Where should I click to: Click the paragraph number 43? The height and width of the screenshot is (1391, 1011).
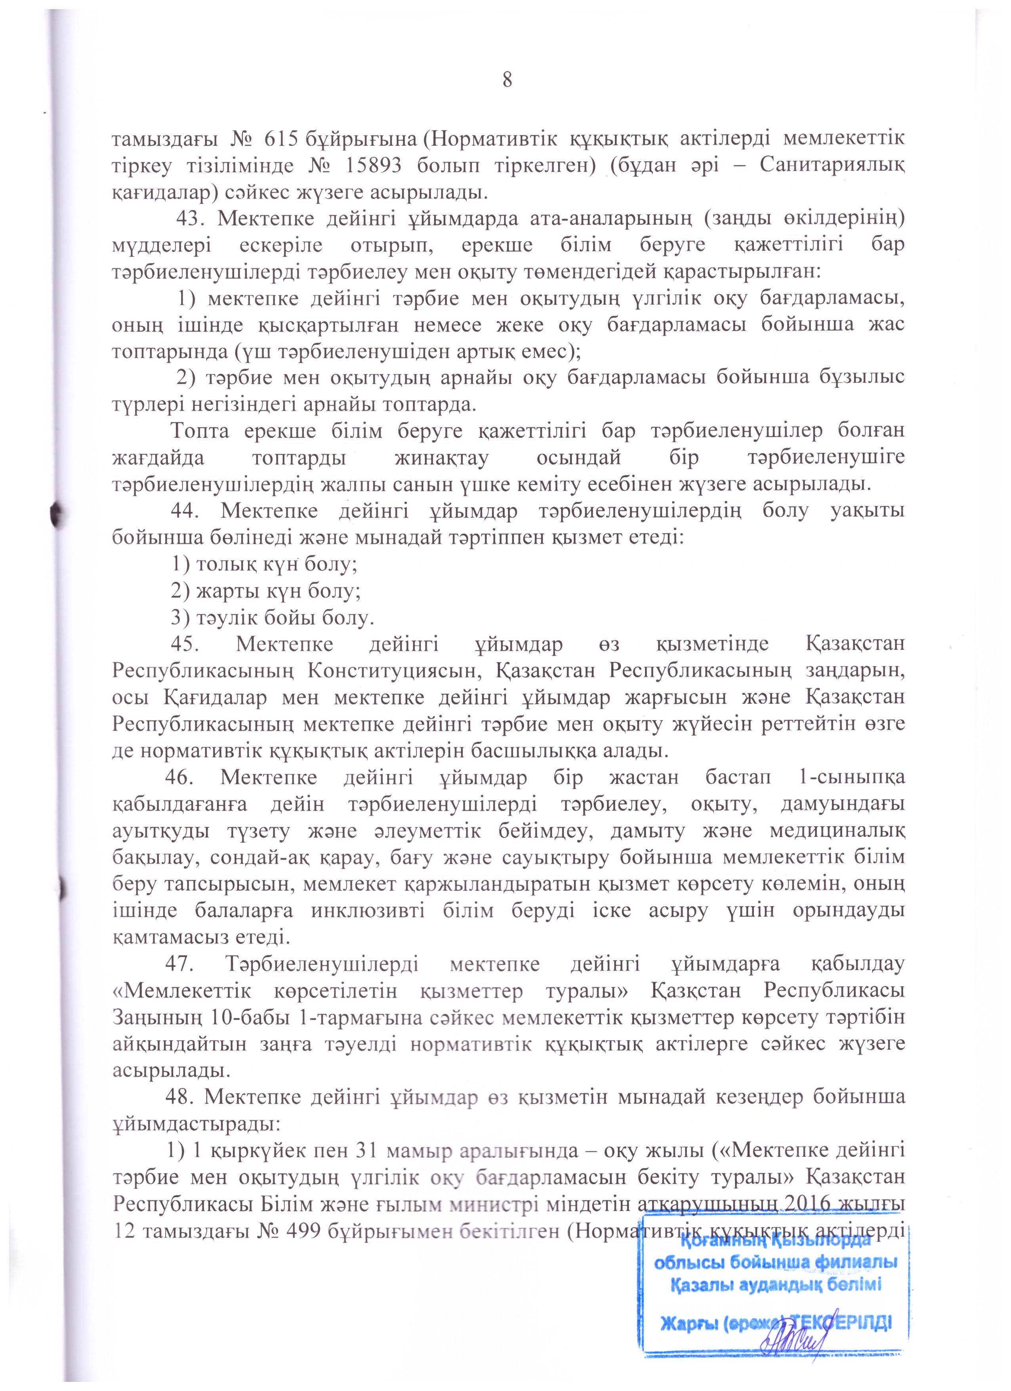[189, 219]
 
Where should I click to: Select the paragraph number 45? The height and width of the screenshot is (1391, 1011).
[187, 645]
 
